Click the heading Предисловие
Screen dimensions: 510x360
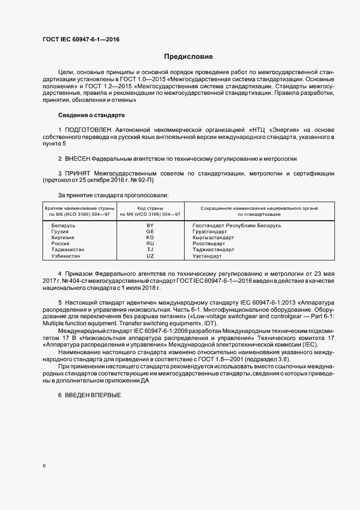pyautogui.click(x=189, y=57)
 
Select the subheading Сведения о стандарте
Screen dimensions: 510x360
pyautogui.click(x=91, y=116)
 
